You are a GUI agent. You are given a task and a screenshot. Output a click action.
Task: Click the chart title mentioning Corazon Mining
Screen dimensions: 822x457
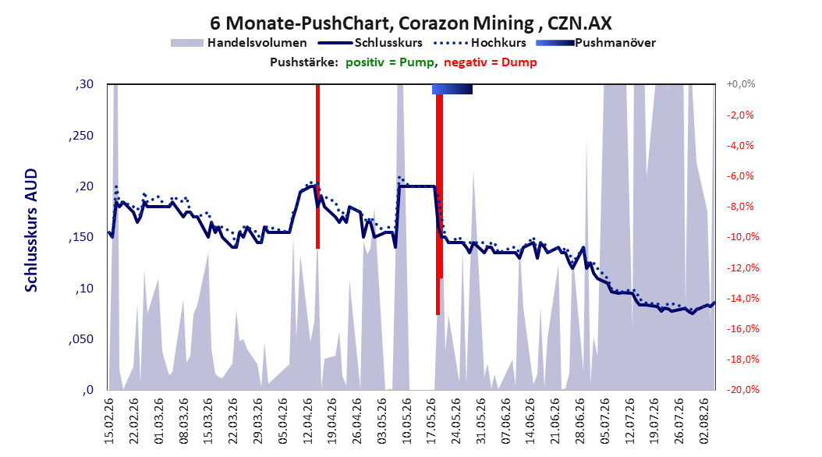point(410,23)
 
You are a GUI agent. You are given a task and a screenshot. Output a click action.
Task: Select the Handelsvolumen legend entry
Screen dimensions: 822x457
point(239,43)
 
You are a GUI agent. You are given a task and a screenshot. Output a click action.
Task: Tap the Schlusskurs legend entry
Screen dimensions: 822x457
point(370,43)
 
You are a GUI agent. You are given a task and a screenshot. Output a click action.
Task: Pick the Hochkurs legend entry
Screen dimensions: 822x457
point(480,43)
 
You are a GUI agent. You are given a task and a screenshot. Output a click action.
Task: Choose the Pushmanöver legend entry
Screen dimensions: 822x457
point(596,43)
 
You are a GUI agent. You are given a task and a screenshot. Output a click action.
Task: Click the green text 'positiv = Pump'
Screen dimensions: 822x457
point(390,62)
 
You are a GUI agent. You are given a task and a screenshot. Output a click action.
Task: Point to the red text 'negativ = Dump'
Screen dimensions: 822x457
point(491,62)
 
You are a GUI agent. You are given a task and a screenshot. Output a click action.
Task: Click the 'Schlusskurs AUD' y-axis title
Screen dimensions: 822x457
point(31,230)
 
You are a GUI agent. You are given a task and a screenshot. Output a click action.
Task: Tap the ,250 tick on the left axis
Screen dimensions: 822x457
point(81,136)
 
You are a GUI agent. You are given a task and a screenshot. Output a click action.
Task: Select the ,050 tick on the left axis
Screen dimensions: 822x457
point(81,339)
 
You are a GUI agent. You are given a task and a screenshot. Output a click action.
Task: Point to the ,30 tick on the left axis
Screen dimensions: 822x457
point(84,84)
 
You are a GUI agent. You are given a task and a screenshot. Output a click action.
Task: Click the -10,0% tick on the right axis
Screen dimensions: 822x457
point(742,237)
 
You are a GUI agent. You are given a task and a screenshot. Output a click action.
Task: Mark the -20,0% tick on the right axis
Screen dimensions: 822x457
point(742,389)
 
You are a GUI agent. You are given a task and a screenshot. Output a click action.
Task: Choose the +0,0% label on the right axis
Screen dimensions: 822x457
point(741,84)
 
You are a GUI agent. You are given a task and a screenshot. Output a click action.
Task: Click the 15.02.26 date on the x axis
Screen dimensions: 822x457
point(109,421)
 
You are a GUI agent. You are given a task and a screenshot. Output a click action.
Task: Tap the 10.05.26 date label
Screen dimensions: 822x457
point(407,421)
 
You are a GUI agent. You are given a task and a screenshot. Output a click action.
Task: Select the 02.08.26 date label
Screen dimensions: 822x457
point(704,421)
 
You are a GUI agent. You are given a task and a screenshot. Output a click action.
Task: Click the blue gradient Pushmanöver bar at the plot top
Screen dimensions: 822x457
point(452,89)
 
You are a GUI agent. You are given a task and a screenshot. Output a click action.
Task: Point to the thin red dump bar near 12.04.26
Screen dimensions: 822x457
point(317,166)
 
